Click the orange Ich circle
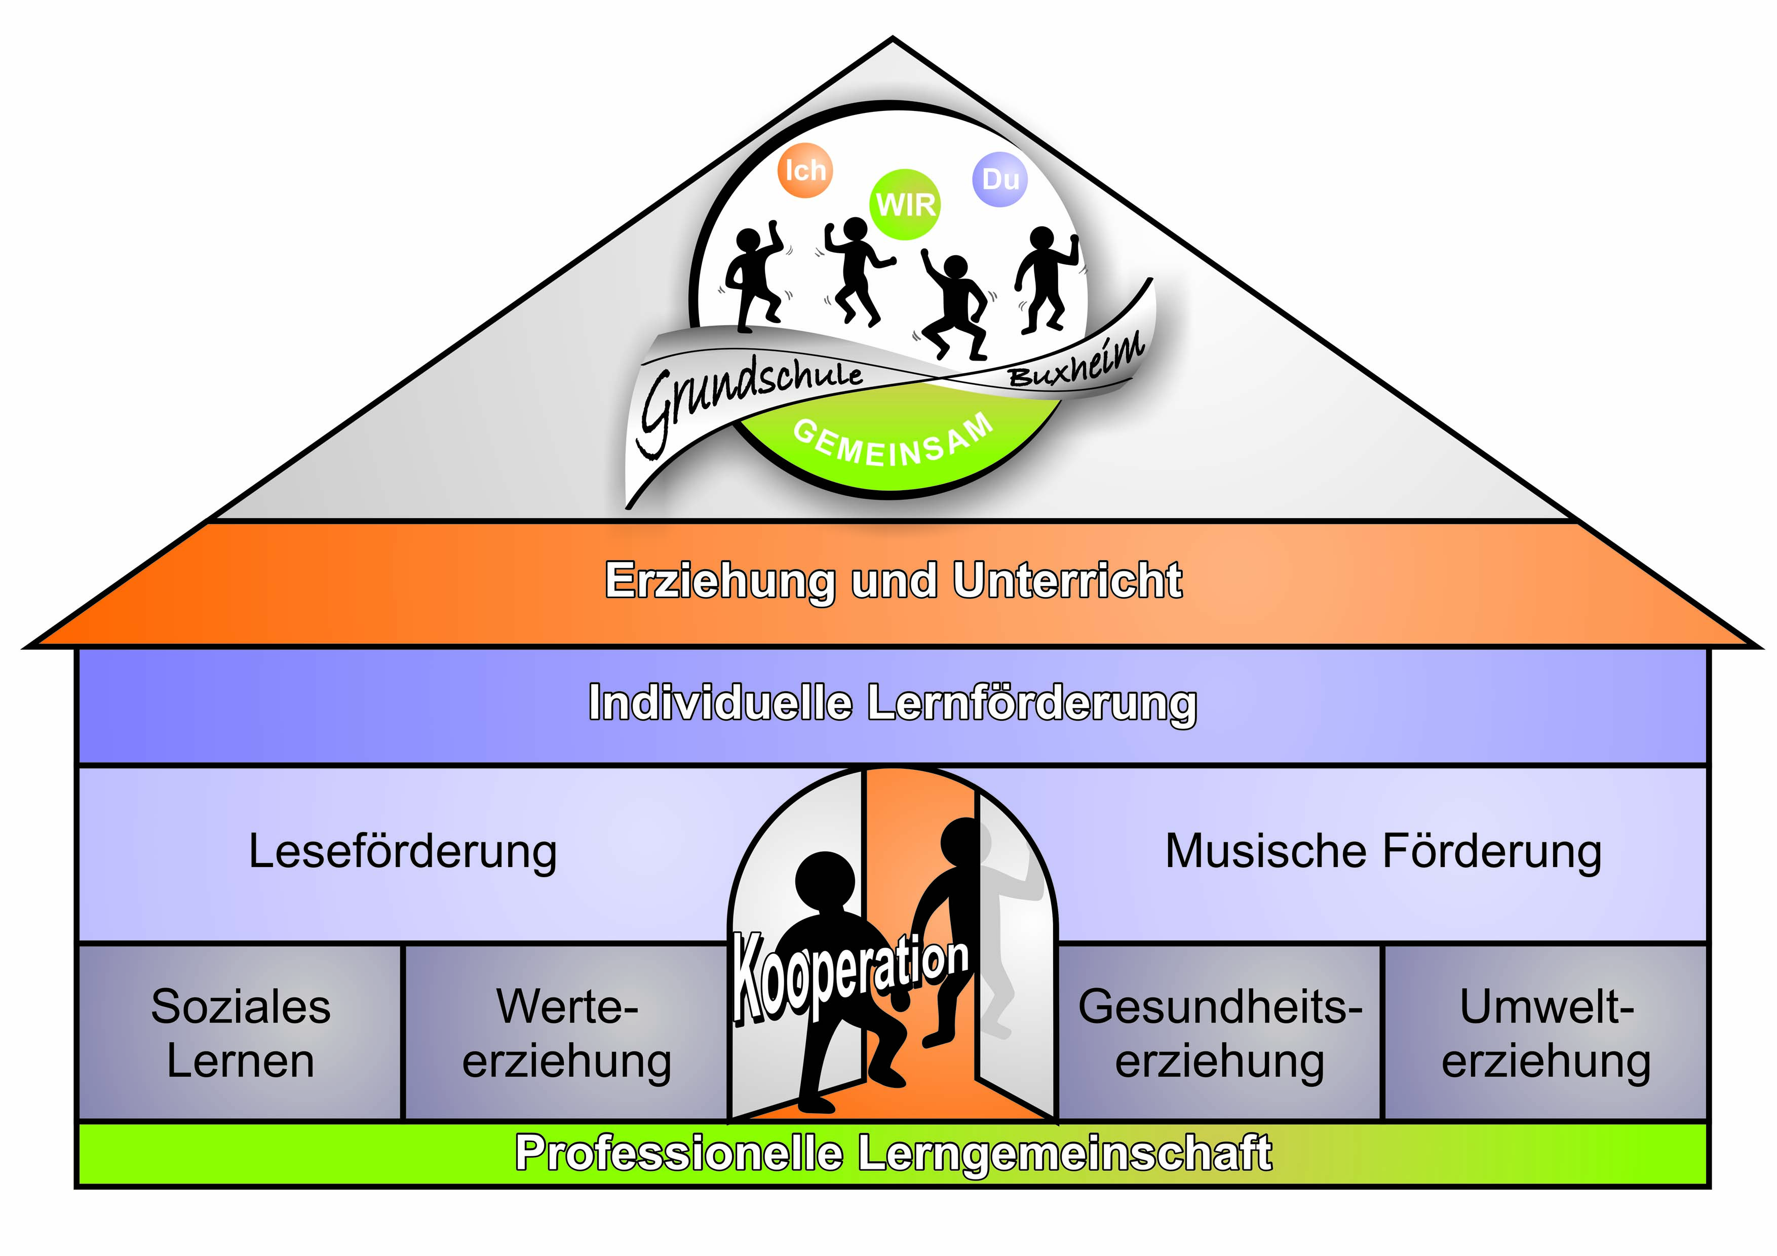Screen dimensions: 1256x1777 (805, 170)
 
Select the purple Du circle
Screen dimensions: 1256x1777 (1000, 180)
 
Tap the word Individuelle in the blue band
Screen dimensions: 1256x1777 (720, 703)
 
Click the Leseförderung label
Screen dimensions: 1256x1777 (402, 851)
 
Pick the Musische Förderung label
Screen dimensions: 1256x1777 (1383, 851)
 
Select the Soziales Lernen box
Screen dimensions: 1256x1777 (241, 1033)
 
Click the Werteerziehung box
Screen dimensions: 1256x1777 (566, 1033)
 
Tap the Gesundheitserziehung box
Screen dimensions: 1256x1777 (1220, 1033)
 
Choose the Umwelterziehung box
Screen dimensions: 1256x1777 (1546, 1033)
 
